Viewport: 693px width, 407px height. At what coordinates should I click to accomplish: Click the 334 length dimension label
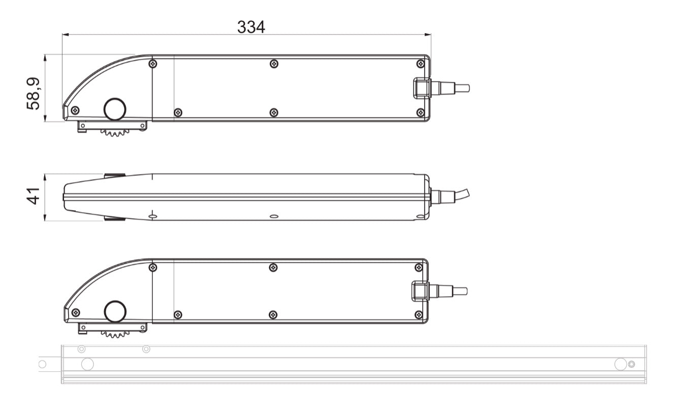[251, 27]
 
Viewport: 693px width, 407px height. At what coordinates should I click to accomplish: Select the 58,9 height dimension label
[34, 94]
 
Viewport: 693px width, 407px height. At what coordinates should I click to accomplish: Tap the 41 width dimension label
[34, 196]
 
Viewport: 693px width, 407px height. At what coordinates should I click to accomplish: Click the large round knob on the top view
[115, 109]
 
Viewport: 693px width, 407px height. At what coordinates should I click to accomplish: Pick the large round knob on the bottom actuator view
[115, 311]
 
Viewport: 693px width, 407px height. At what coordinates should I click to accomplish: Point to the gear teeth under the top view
[115, 133]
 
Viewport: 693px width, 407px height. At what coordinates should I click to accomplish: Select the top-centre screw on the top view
[274, 64]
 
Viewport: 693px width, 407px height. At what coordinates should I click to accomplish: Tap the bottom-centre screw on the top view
[274, 112]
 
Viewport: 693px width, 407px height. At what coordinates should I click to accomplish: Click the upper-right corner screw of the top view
[421, 64]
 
